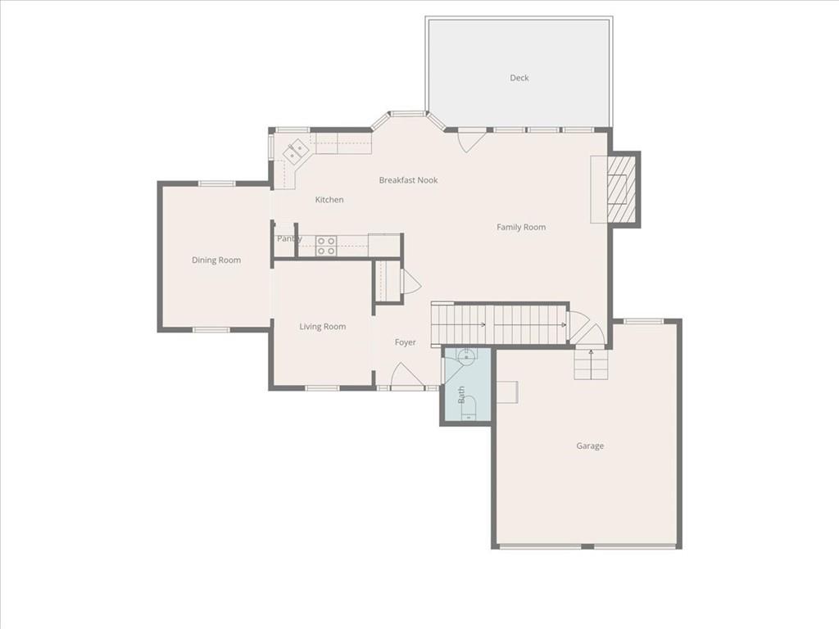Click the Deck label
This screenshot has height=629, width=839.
(x=519, y=78)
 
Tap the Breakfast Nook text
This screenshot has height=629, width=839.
(x=408, y=180)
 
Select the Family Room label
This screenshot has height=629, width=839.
(x=521, y=227)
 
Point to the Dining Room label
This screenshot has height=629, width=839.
(x=216, y=260)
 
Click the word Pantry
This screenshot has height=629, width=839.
(x=288, y=238)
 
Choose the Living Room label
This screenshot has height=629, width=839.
(x=322, y=327)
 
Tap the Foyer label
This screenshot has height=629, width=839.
(x=406, y=342)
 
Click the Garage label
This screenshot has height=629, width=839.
(x=590, y=446)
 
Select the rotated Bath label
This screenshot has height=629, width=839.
(x=461, y=395)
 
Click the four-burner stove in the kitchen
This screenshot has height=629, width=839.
(x=326, y=246)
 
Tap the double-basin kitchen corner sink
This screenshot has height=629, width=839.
(x=296, y=151)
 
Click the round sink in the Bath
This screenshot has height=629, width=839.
(x=465, y=356)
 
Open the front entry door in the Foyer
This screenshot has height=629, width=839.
(x=407, y=378)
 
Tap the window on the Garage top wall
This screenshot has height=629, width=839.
(x=644, y=321)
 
